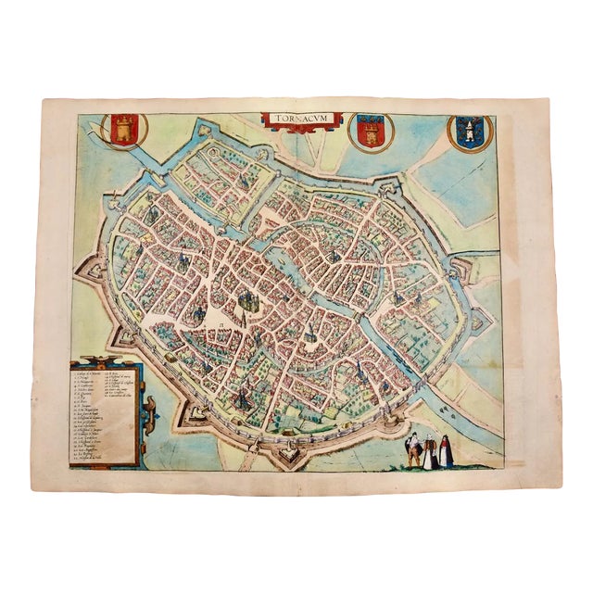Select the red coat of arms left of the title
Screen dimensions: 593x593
tap(123, 128)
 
